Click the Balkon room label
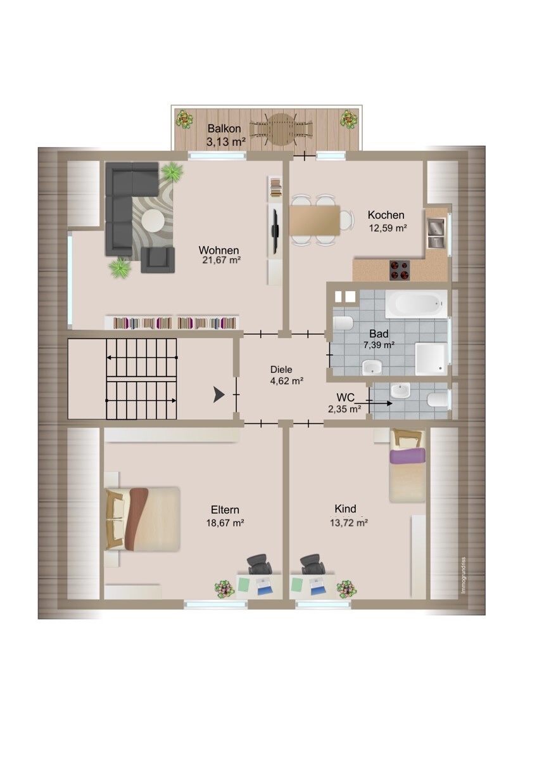(x=224, y=129)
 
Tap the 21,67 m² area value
(x=222, y=260)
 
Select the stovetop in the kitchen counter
(x=400, y=270)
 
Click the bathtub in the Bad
(x=416, y=304)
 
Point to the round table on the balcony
(x=281, y=129)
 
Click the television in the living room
(x=275, y=231)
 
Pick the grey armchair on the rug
(x=158, y=260)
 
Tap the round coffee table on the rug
(x=153, y=221)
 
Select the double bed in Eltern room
(x=142, y=519)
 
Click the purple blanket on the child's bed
(x=407, y=455)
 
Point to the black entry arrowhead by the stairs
(x=219, y=394)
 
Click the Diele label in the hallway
(x=281, y=369)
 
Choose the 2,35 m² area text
(x=344, y=409)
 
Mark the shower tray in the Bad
(x=431, y=359)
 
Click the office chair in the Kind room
(x=312, y=564)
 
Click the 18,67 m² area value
(x=225, y=523)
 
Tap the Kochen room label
(x=386, y=215)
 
